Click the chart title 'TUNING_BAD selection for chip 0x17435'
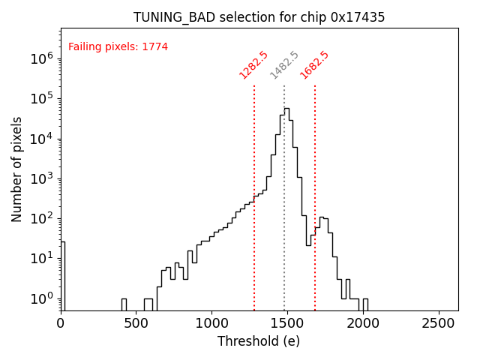point(259,17)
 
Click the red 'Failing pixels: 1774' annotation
point(118,47)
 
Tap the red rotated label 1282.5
point(253,64)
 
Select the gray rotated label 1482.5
point(284,65)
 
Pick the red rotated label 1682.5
point(314,64)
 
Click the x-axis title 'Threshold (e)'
point(259,341)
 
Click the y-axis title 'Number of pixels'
point(17,169)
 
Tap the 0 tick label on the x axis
point(61,323)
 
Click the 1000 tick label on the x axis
point(211,323)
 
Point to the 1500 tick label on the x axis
point(287,323)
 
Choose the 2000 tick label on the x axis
point(362,323)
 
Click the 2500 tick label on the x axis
point(438,323)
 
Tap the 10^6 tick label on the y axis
point(42,58)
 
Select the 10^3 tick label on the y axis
point(42,178)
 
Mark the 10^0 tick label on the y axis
point(42,298)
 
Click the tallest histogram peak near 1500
point(286,109)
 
